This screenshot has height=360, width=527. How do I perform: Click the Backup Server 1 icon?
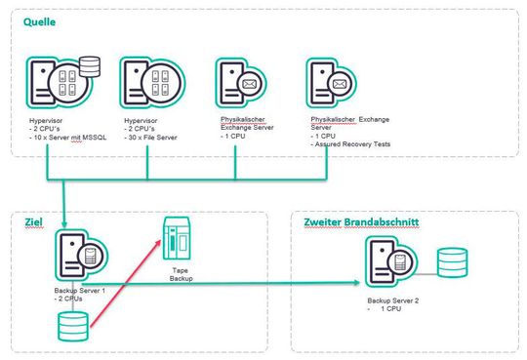pyautogui.click(x=78, y=258)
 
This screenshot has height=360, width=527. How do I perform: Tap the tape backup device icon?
pyautogui.click(x=177, y=237)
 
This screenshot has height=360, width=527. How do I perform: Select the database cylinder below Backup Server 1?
pyautogui.click(x=75, y=325)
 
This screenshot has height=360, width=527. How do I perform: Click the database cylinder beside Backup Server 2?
pyautogui.click(x=451, y=264)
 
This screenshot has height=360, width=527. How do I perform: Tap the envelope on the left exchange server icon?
pyautogui.click(x=248, y=84)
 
